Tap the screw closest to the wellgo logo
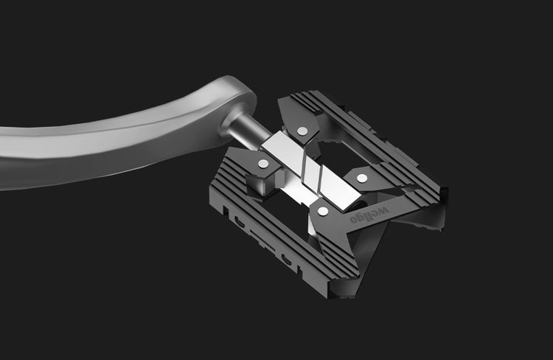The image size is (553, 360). tap(323, 212)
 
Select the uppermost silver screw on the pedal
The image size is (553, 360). tap(302, 131)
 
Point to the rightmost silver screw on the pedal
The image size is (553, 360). tap(361, 178)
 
